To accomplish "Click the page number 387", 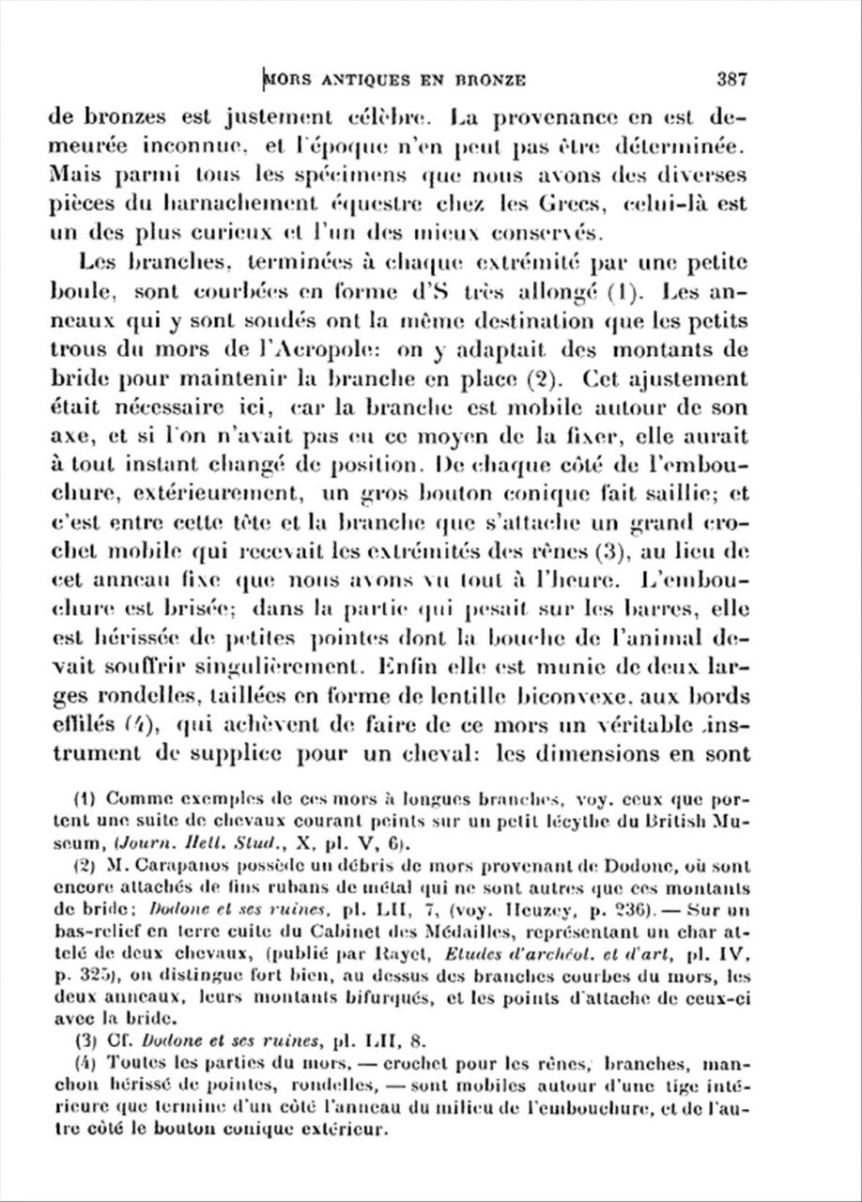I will coord(730,79).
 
